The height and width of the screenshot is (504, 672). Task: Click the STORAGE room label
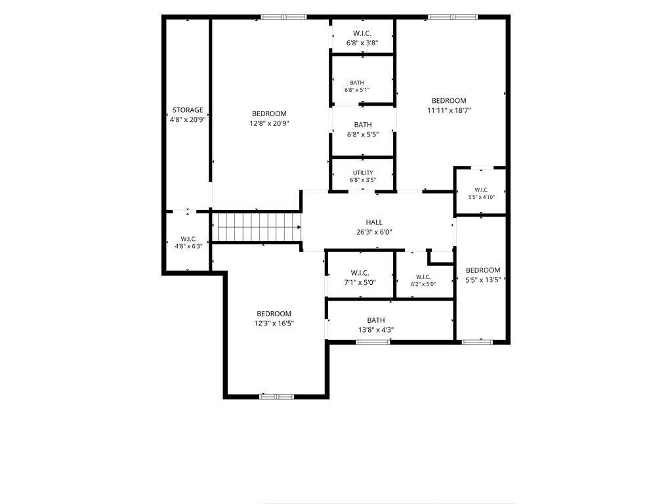coord(188,110)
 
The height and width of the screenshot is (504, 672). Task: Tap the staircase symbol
coord(257,227)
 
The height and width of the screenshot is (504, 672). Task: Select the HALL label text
coord(374,222)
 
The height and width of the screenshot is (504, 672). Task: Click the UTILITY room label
coord(363,173)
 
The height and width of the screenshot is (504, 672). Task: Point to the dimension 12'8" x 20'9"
coord(269,123)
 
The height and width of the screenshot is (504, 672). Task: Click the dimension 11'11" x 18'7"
coord(449,110)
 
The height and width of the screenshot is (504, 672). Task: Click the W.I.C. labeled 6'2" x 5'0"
coord(423,277)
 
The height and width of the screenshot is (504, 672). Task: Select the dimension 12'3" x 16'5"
coord(274,324)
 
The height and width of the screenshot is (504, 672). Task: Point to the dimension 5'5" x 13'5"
coord(483,280)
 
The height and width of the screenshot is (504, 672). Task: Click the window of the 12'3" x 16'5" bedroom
coord(277,396)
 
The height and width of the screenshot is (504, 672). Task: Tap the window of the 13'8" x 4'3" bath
coord(373,341)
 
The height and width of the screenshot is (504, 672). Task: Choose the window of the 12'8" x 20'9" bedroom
coord(283,17)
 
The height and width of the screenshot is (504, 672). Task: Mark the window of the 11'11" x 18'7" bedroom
coord(452,17)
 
